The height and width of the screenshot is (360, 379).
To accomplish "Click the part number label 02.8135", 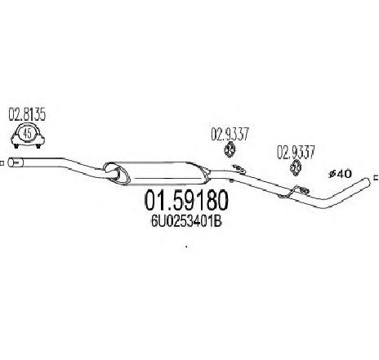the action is click(27, 114).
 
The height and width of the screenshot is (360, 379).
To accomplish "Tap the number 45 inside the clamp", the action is click(28, 134).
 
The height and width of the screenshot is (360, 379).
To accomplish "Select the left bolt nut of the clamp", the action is click(16, 146).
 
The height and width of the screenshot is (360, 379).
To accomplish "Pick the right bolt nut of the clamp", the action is click(38, 146).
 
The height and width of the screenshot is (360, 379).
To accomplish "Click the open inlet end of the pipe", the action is click(11, 162).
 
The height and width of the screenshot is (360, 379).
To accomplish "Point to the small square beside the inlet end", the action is click(2, 163).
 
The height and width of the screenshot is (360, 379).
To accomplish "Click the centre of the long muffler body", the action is click(163, 173).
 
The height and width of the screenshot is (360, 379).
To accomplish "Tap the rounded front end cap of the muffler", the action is click(117, 174).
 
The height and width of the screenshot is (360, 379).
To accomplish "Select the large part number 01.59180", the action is click(186, 201).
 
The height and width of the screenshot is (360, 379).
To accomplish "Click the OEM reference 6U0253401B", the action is click(186, 222).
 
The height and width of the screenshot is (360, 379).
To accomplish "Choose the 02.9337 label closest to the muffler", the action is click(230, 134).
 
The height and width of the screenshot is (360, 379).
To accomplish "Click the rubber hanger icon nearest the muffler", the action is click(230, 150).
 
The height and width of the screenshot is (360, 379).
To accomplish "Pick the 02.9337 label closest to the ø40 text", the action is click(296, 152).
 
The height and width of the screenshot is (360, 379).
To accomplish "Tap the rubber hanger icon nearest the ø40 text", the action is click(296, 167).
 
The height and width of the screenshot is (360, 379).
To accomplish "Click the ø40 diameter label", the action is click(341, 174).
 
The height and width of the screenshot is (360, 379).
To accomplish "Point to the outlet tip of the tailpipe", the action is click(368, 181).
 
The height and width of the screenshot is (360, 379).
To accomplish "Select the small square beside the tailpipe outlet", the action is click(377, 178).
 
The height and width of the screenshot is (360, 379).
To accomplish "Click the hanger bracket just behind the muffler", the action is click(238, 170).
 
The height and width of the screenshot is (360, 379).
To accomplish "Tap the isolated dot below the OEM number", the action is click(186, 247).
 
